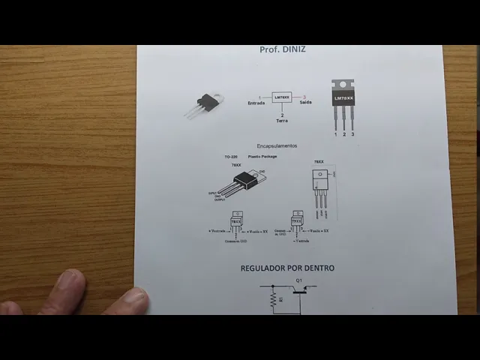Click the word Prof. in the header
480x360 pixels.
(x=268, y=49)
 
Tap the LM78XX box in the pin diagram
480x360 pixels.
(x=281, y=97)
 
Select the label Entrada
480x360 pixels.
(x=256, y=103)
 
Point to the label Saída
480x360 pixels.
(x=305, y=103)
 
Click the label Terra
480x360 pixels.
(x=281, y=120)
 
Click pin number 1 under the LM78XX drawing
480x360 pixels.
(x=335, y=134)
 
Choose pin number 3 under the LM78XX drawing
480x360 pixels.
(x=352, y=134)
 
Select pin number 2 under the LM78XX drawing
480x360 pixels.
(x=344, y=134)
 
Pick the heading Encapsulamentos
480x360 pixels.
(x=277, y=145)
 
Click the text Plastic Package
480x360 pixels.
(x=262, y=157)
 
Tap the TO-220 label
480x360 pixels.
(x=231, y=157)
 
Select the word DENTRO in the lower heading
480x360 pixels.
(x=319, y=268)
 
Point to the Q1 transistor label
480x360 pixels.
(x=299, y=280)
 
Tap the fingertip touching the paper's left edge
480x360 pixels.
(x=135, y=298)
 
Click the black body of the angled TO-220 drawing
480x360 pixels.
(x=243, y=179)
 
